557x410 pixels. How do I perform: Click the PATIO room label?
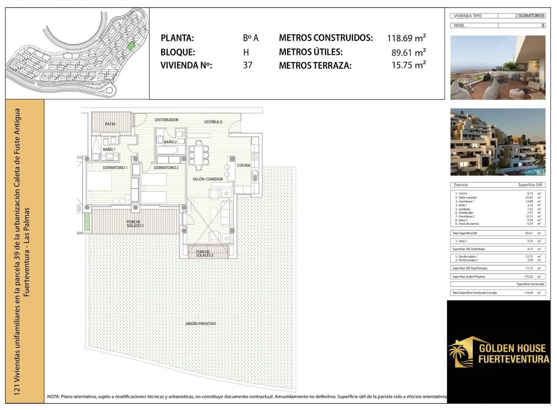(x=110, y=124)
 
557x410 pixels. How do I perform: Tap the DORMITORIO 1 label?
(x=115, y=168)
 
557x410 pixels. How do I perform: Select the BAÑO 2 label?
(x=170, y=142)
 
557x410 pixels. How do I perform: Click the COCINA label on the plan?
(x=243, y=165)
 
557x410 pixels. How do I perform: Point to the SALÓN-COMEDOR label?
(x=207, y=179)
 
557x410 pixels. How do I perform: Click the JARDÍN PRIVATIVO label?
(x=200, y=324)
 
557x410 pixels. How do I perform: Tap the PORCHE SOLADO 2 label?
(x=204, y=254)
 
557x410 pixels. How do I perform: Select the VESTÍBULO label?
(x=213, y=122)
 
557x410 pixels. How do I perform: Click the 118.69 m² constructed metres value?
(x=406, y=38)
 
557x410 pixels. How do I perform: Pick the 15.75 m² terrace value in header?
(x=408, y=65)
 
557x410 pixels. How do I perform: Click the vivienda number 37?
(x=248, y=65)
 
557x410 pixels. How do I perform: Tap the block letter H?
(x=246, y=53)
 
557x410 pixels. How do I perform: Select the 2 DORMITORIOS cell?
(x=529, y=16)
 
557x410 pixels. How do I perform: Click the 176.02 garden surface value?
(x=528, y=277)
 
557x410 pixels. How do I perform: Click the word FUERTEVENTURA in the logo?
(x=513, y=359)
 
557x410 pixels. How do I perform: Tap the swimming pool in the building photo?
(x=535, y=172)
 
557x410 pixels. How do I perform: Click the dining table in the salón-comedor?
(x=198, y=155)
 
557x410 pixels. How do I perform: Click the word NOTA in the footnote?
(x=53, y=396)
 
